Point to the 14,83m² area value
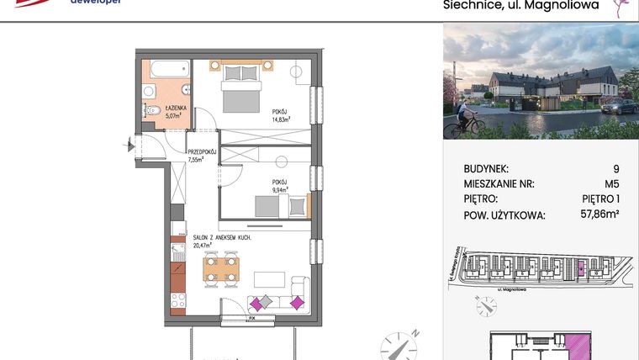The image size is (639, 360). tap(281, 120)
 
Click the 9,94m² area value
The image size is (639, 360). tap(281, 190)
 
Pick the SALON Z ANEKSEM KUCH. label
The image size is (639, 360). tap(222, 238)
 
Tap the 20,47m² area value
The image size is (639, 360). tap(204, 246)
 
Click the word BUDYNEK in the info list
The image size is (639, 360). tap(486, 168)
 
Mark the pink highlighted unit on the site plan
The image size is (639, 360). tap(578, 270)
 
